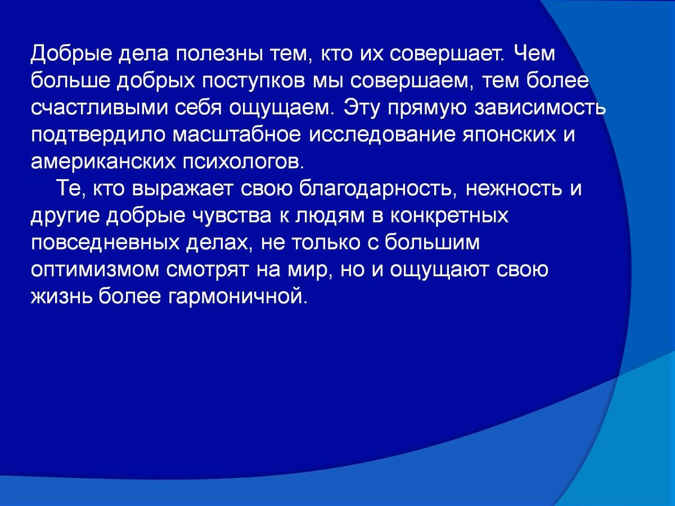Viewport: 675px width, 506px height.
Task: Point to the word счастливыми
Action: pyautogui.click(x=100, y=108)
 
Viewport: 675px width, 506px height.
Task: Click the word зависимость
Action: pyautogui.click(x=539, y=108)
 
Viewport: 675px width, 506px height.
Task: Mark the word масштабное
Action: pyautogui.click(x=236, y=134)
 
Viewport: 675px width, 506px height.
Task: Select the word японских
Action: pyautogui.click(x=510, y=135)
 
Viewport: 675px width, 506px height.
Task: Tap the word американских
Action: pyautogui.click(x=103, y=162)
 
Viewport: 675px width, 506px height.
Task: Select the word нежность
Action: pyautogui.click(x=514, y=189)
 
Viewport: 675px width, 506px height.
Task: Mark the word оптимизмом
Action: pyautogui.click(x=95, y=270)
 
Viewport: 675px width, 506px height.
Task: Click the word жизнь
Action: pyautogui.click(x=61, y=297)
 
